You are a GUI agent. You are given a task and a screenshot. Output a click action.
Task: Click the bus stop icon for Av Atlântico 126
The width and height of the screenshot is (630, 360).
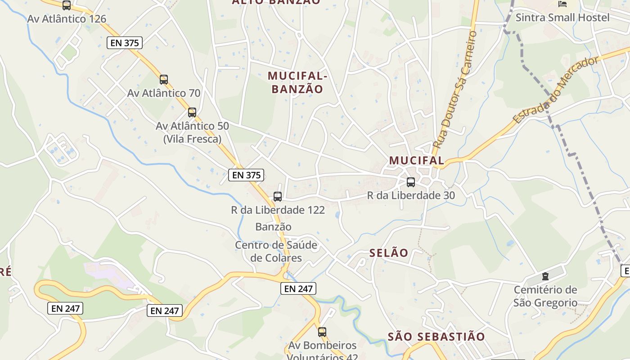point(67,5)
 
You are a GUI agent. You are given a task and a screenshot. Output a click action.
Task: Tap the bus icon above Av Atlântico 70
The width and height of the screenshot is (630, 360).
point(164,80)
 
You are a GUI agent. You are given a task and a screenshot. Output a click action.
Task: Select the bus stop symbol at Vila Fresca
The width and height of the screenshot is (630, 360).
point(192,112)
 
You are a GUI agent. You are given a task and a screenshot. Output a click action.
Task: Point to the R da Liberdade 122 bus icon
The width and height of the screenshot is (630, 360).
point(278,197)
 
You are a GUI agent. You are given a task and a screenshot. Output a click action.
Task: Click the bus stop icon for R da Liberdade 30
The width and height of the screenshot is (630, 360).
point(411,182)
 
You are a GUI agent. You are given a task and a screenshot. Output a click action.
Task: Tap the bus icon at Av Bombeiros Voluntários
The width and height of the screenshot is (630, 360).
point(322,332)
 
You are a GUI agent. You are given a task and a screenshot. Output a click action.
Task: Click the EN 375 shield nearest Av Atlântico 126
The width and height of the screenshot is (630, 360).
point(125,43)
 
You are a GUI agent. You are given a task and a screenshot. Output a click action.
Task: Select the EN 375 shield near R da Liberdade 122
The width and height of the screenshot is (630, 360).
point(246,175)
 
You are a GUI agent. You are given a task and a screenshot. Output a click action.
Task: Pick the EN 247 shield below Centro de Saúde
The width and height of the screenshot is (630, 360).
point(298,288)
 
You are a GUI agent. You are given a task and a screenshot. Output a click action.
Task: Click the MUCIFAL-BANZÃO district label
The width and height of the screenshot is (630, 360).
point(297,82)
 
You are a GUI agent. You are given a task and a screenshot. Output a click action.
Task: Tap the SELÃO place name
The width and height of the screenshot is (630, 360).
point(389,253)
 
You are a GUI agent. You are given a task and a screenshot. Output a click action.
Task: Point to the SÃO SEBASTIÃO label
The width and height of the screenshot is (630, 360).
point(436,337)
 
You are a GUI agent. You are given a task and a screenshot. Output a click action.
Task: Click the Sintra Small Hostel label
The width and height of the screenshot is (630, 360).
point(562,18)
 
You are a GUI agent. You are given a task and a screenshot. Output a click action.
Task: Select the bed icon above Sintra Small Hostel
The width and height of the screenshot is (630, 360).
point(562,4)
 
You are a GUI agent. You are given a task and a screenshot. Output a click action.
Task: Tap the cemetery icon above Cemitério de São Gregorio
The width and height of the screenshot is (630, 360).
point(545,276)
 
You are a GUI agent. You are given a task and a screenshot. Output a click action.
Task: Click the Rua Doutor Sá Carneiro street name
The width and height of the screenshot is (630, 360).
point(454,90)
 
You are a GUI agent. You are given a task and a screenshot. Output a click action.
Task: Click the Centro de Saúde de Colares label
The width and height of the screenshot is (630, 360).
point(276,252)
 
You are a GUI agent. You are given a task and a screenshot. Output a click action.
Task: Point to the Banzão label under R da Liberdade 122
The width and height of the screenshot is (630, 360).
point(273,227)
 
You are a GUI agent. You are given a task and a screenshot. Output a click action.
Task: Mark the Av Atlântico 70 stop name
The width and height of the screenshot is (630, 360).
point(164,93)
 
